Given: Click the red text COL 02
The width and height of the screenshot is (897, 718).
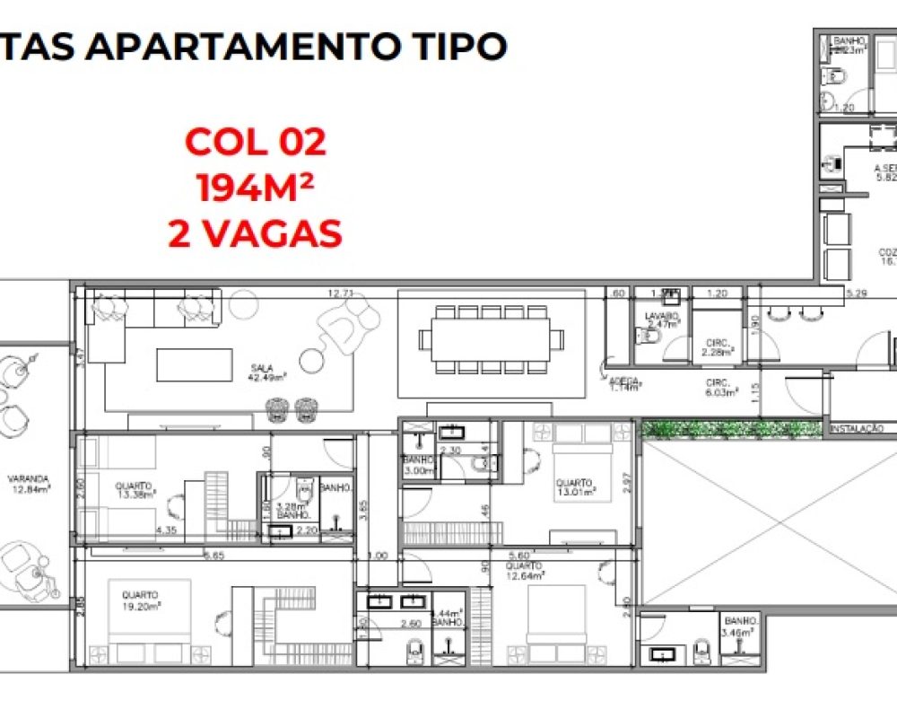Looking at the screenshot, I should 256,142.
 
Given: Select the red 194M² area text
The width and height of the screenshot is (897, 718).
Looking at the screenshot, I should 256,188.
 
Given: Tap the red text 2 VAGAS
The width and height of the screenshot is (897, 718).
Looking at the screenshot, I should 256,233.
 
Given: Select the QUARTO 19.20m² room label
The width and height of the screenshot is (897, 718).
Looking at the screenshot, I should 140,600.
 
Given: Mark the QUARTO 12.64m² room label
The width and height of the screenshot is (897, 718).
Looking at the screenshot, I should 525,571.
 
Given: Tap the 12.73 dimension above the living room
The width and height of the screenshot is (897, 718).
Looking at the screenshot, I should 338,293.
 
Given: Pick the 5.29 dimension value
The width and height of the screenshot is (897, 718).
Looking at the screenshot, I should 858,293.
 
